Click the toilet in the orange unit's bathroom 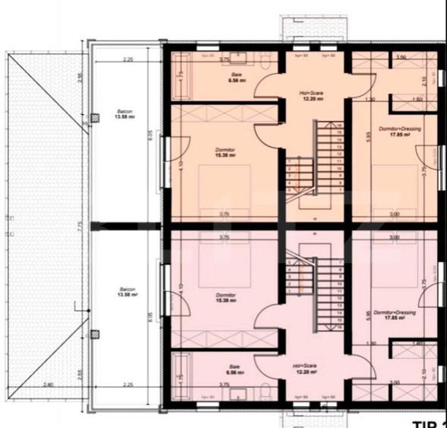(265, 66)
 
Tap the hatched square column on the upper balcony (94, 118)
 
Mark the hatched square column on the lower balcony (94, 334)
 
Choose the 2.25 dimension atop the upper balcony (127, 59)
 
